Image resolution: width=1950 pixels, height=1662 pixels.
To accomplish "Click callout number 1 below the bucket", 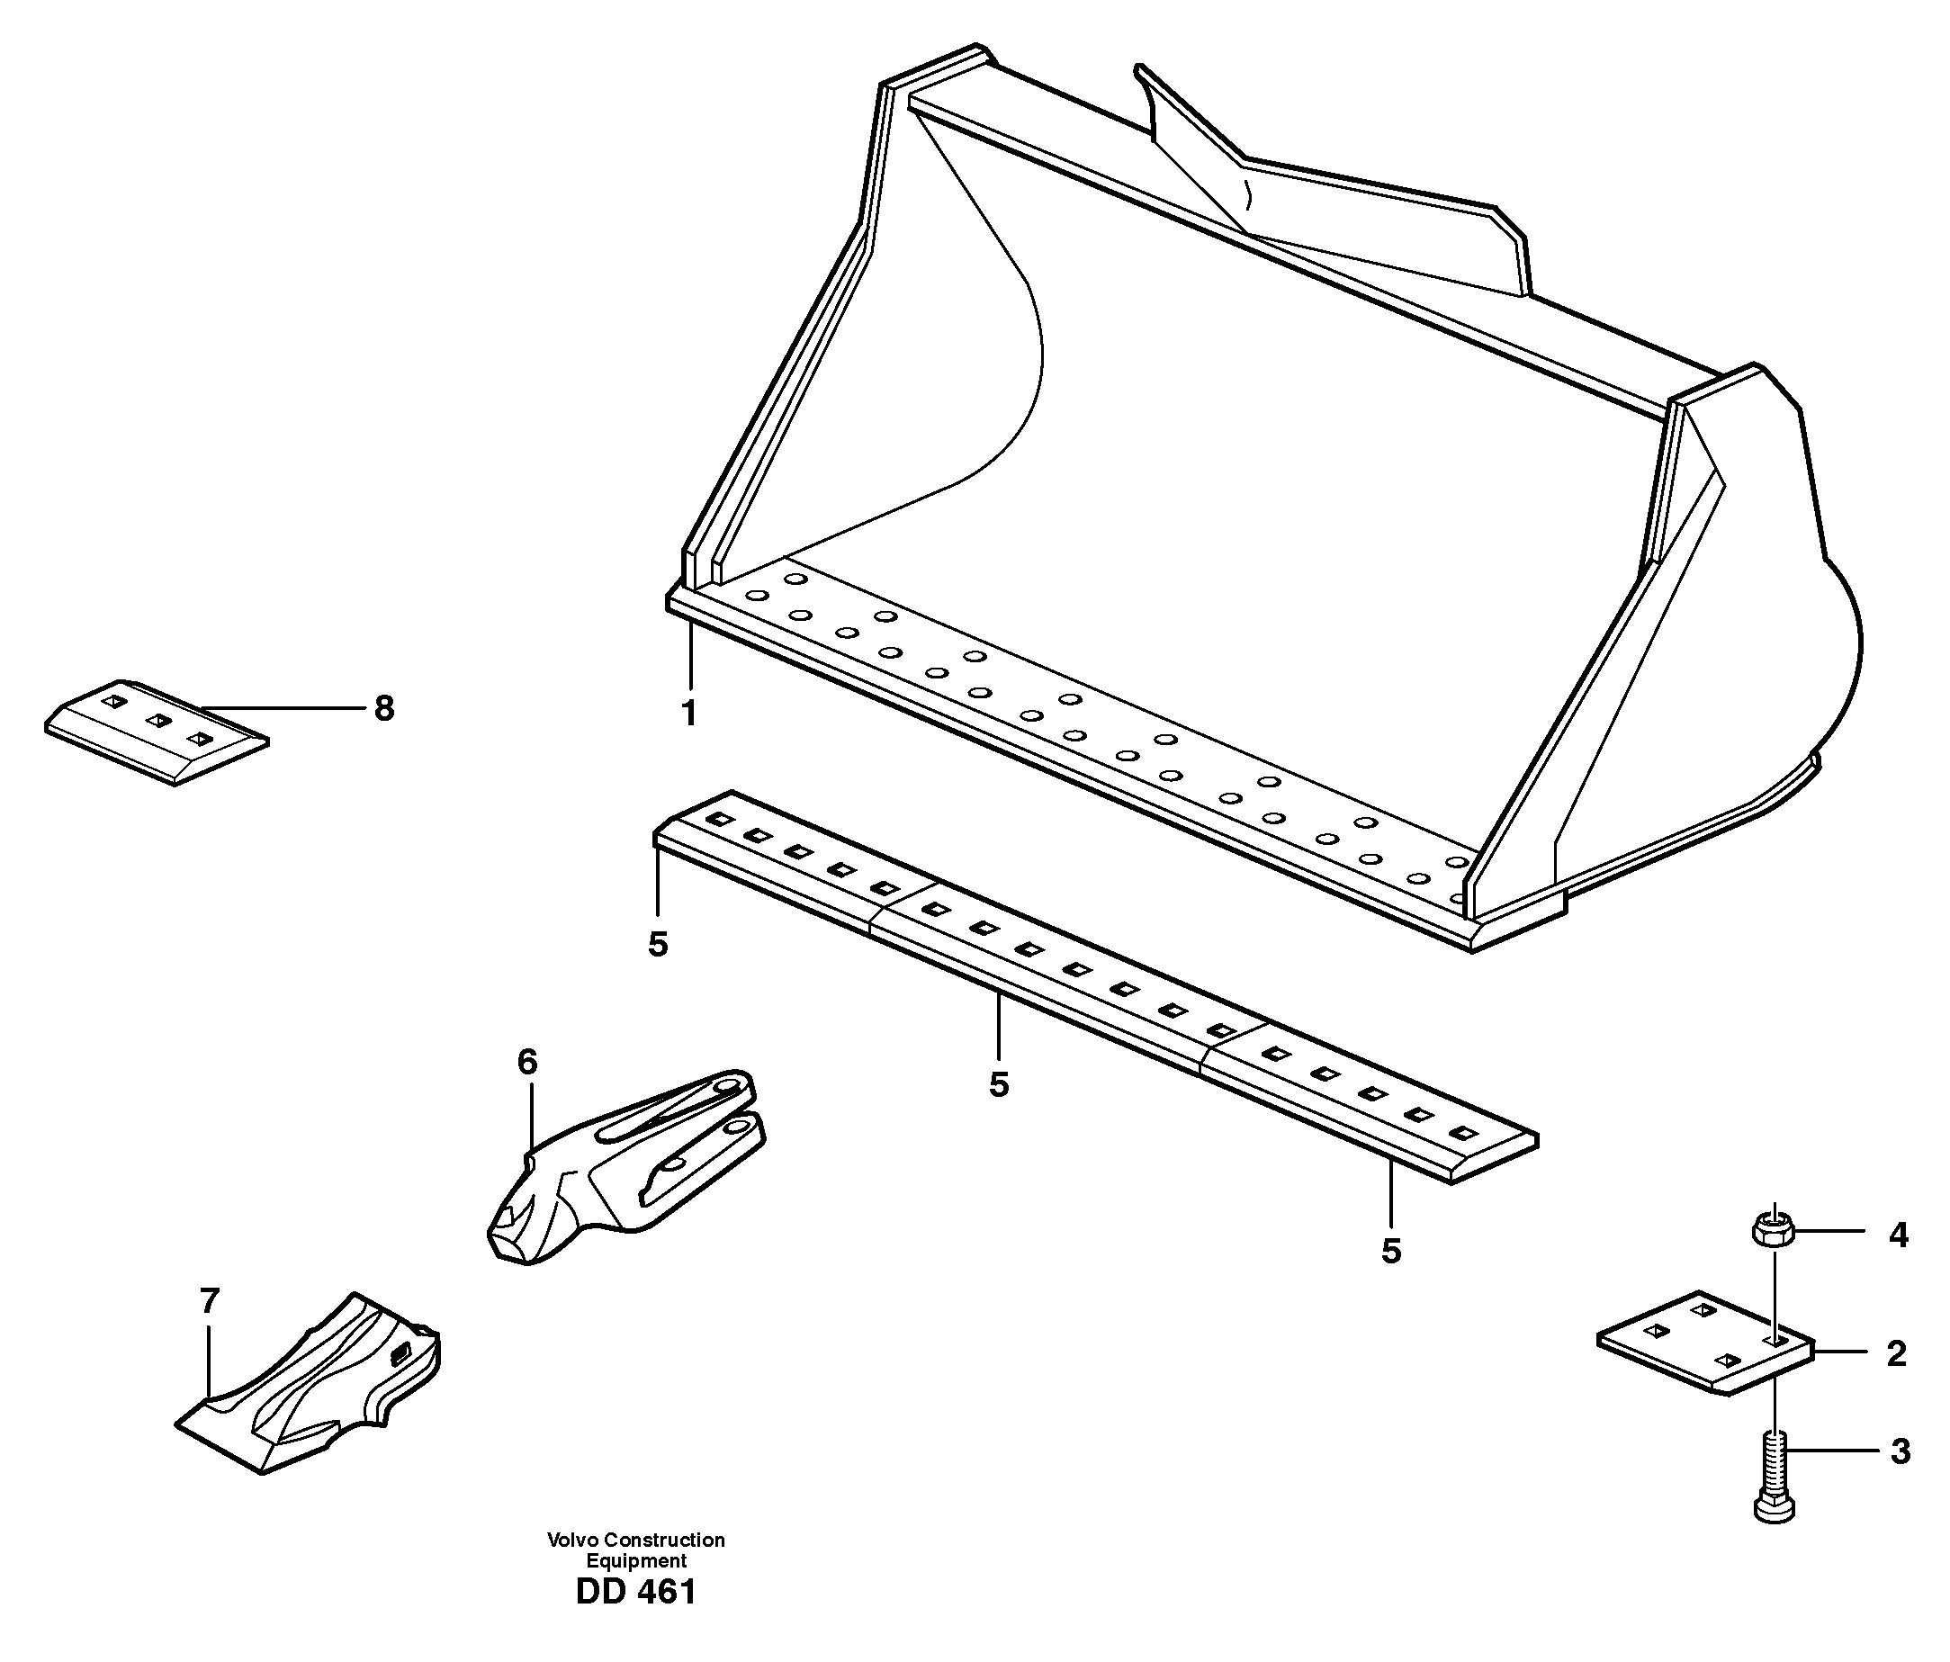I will (689, 714).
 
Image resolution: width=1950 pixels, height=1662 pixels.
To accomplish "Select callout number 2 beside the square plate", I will (1896, 1353).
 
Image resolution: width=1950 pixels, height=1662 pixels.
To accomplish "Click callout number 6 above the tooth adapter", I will (527, 1063).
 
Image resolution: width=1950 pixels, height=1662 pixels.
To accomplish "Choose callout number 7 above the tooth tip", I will (209, 1301).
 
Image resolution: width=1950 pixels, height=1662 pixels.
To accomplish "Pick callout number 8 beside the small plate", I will (384, 707).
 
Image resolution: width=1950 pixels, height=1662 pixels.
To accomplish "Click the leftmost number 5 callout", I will (658, 944).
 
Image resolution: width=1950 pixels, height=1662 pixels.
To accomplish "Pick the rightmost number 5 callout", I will (1391, 1251).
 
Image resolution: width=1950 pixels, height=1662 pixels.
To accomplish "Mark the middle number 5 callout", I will (999, 1084).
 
